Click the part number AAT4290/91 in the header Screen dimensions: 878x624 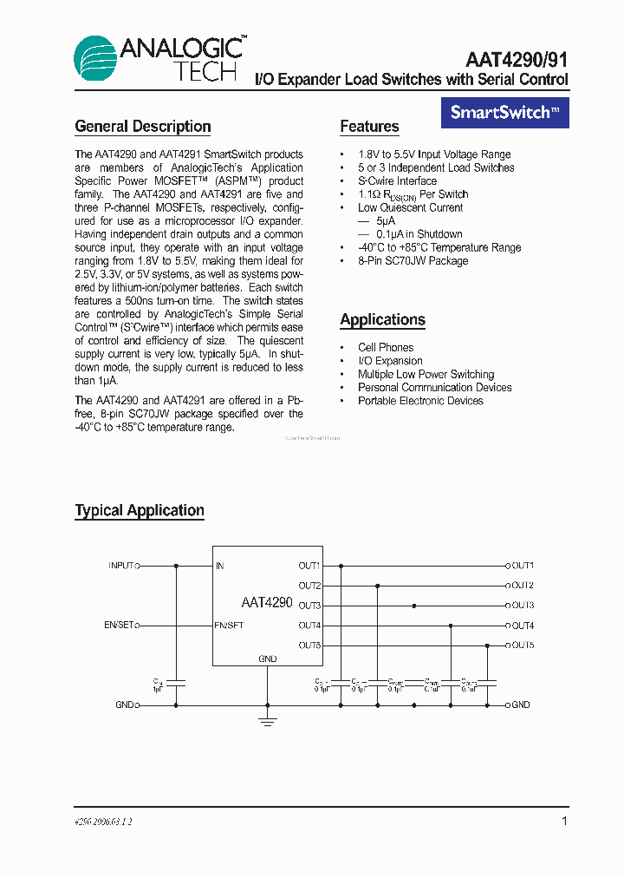coord(517,59)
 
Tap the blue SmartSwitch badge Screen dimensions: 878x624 coord(505,112)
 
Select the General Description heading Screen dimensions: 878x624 coord(143,127)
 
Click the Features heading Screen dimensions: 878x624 coord(369,127)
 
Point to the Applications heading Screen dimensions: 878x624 coord(382,319)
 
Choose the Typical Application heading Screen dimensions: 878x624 coord(140,510)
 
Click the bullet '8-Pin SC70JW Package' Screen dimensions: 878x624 coord(413,260)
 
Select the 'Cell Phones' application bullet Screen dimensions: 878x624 coord(386,347)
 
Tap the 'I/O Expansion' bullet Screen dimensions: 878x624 coord(390,361)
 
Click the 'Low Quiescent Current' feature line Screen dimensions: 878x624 coord(410,207)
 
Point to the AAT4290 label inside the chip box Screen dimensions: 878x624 coord(267,602)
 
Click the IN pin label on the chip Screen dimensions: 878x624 coord(220,566)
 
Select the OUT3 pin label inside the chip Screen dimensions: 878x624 coord(309,606)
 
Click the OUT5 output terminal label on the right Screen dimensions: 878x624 coord(523,645)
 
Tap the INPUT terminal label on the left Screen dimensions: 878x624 coord(120,566)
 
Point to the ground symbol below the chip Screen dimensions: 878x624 coord(268,719)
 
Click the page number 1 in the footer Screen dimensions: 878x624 coord(564,821)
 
